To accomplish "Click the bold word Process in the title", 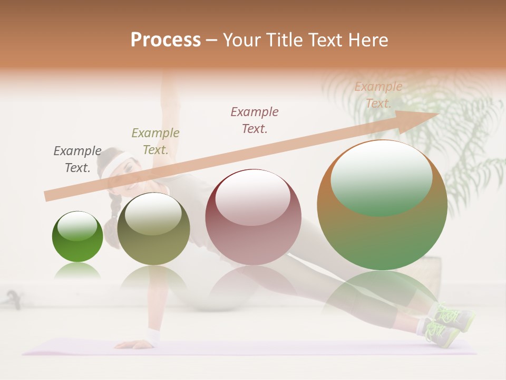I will pyautogui.click(x=166, y=40).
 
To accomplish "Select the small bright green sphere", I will pyautogui.click(x=77, y=237).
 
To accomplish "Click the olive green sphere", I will pyautogui.click(x=153, y=229).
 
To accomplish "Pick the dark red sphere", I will pyautogui.click(x=253, y=217).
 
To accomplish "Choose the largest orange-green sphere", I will pyautogui.click(x=382, y=205).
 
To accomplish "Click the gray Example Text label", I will pyautogui.click(x=77, y=159).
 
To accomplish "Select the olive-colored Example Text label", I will pyautogui.click(x=155, y=141).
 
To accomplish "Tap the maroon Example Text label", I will pyautogui.click(x=255, y=120).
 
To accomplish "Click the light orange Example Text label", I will pyautogui.click(x=378, y=95).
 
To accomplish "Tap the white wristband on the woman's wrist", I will pyautogui.click(x=153, y=336).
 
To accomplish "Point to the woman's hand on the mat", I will pyautogui.click(x=132, y=344).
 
